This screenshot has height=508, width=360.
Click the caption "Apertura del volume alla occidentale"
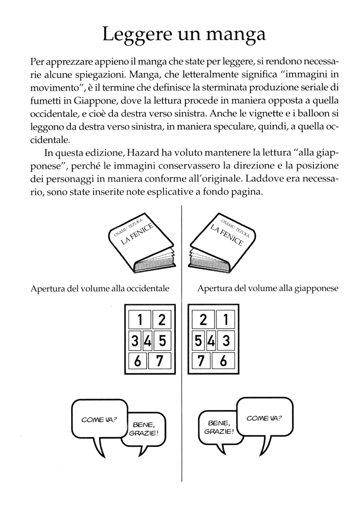pyautogui.click(x=100, y=289)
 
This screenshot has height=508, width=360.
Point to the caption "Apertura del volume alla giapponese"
pyautogui.click(x=268, y=289)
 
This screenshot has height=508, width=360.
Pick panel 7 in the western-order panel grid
pyautogui.click(x=159, y=361)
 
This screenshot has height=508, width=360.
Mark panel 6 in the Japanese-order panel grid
pyautogui.click(x=224, y=361)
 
